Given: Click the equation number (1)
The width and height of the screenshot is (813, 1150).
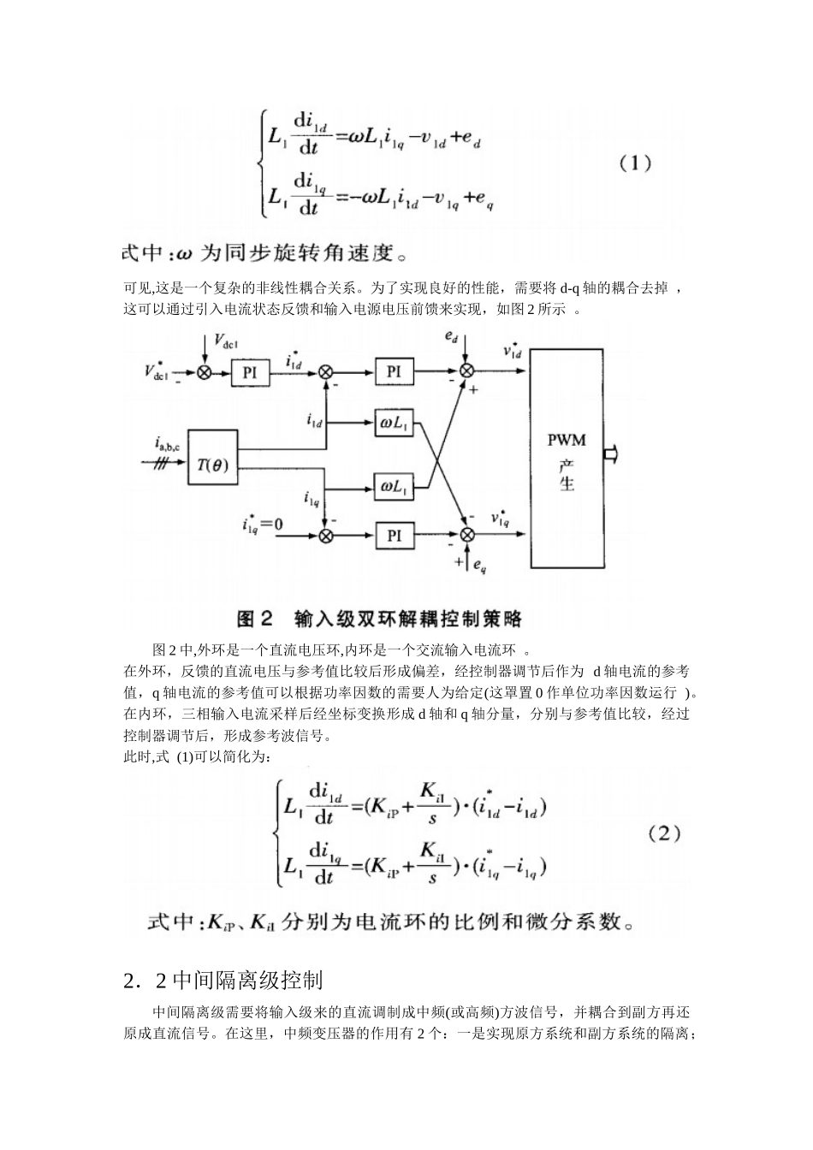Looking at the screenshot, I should point(635,163).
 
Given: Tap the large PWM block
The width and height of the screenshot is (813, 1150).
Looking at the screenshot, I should point(566,462).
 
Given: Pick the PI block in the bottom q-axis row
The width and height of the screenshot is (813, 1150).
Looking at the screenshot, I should point(394,536).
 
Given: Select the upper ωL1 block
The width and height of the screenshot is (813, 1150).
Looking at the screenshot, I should point(394,423).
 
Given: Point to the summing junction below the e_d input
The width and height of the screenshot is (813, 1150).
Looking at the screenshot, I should point(467,371).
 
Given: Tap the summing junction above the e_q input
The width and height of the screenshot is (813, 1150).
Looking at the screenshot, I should point(467,536).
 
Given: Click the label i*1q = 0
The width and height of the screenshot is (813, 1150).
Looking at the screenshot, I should point(263,523).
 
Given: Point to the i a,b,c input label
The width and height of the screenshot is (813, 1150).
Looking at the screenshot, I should point(168,443).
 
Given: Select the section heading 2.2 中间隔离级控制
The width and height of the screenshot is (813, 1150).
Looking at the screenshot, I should point(223,979).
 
